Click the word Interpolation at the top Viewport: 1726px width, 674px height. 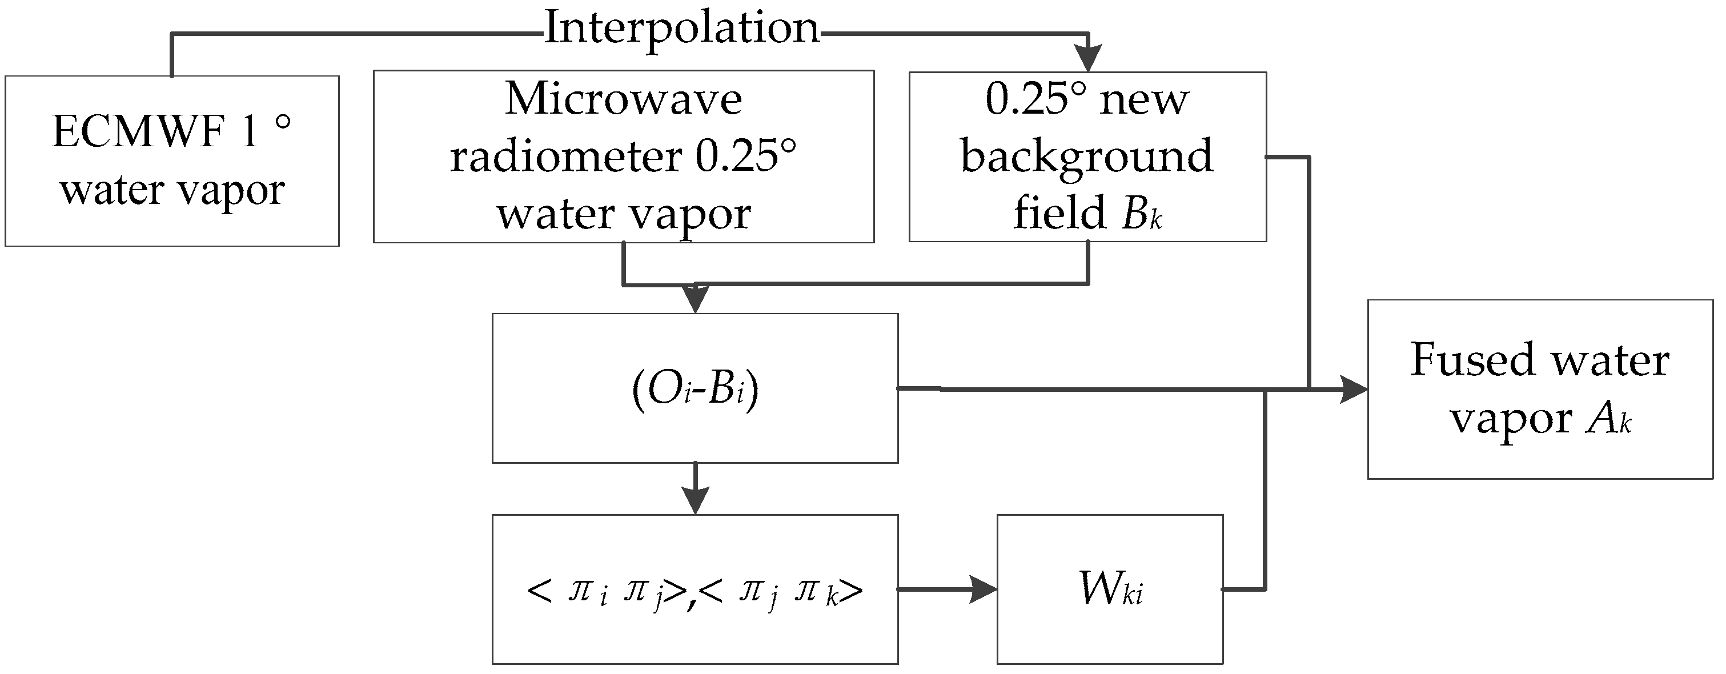tap(681, 29)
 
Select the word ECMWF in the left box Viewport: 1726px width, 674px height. tap(137, 131)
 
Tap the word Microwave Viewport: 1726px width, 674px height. tap(623, 99)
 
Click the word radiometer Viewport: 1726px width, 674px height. tap(565, 157)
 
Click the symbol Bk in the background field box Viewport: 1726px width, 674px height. tap(1142, 214)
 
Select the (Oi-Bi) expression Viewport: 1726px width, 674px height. tap(695, 389)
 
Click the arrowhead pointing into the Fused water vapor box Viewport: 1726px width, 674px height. tap(1352, 389)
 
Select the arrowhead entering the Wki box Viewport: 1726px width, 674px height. tap(983, 589)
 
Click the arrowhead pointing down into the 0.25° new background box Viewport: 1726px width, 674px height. tap(1088, 58)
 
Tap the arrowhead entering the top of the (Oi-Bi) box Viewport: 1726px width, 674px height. tap(696, 299)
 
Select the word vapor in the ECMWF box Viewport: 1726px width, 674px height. tap(231, 191)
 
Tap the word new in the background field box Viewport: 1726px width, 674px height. tap(1145, 100)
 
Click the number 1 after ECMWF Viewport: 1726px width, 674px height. tap(249, 131)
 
